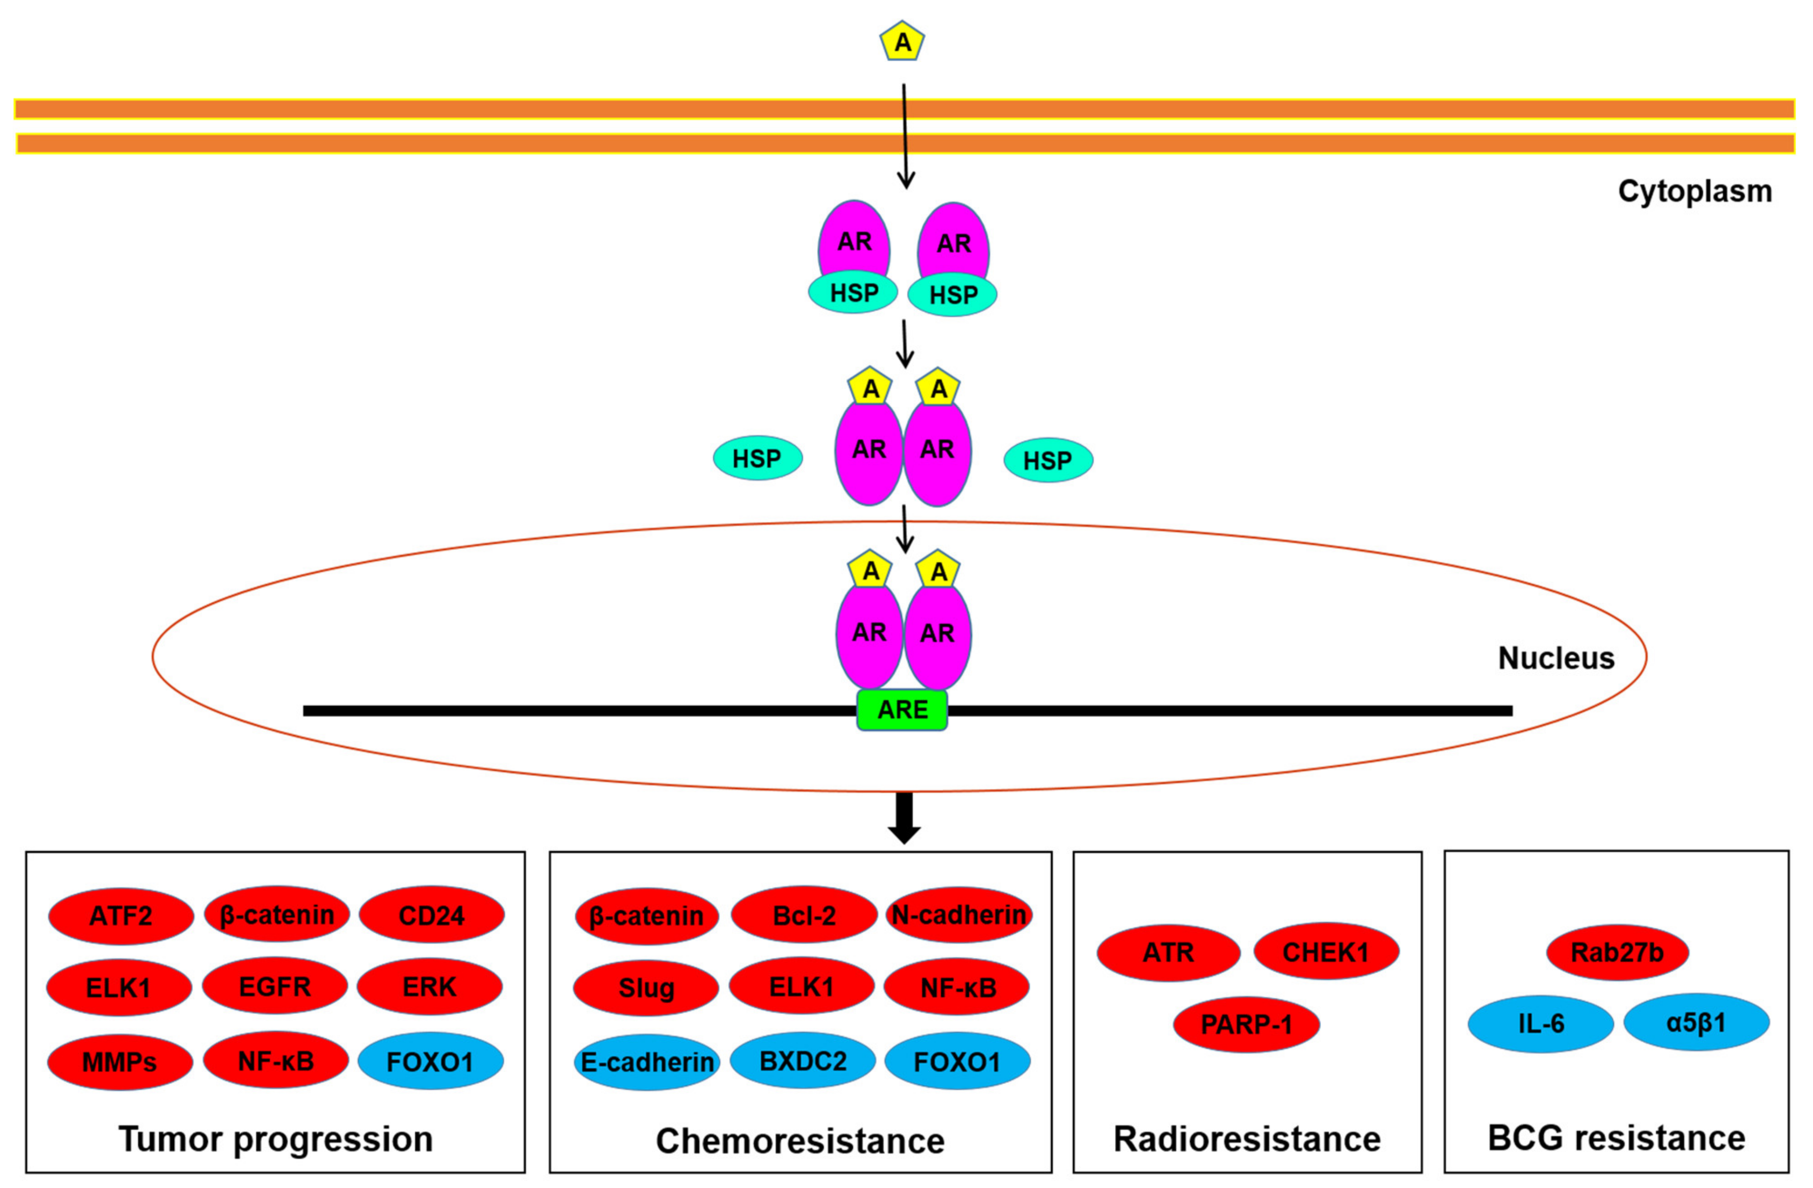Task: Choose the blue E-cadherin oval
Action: click(x=647, y=1062)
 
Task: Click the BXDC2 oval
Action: click(x=803, y=1060)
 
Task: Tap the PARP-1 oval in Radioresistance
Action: click(x=1246, y=1024)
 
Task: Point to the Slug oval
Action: click(x=646, y=988)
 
